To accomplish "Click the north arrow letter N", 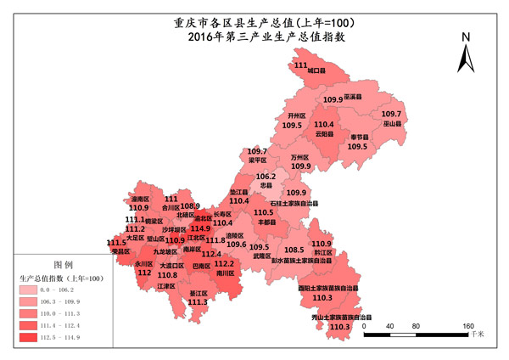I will click(466, 37).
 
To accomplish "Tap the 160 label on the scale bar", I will click(467, 326).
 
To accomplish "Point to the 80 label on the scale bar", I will click(417, 326).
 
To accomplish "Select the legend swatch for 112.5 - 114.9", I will click(32, 338).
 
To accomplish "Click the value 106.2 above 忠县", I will click(266, 177).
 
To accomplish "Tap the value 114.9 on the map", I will click(200, 228).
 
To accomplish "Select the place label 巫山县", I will click(391, 124).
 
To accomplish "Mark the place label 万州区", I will click(299, 157).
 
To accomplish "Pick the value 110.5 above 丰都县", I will click(265, 212).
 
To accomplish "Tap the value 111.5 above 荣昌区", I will click(117, 243).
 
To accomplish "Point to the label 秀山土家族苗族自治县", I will click(339, 317).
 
